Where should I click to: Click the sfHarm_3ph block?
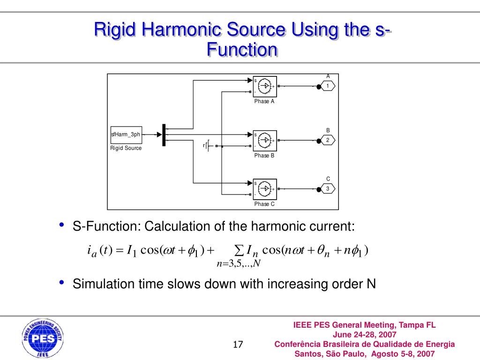126,135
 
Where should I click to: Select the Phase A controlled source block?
265,86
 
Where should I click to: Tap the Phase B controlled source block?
265,140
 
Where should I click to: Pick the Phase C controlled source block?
265,189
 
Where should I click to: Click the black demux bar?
164,135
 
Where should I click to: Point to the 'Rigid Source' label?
126,148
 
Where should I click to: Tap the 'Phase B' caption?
264,156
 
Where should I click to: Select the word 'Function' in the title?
242,49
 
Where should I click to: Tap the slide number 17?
238,345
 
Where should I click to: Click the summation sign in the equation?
238,249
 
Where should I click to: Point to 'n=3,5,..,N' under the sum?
238,263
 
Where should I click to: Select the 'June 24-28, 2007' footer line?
364,335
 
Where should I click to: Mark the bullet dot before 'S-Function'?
62,226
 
